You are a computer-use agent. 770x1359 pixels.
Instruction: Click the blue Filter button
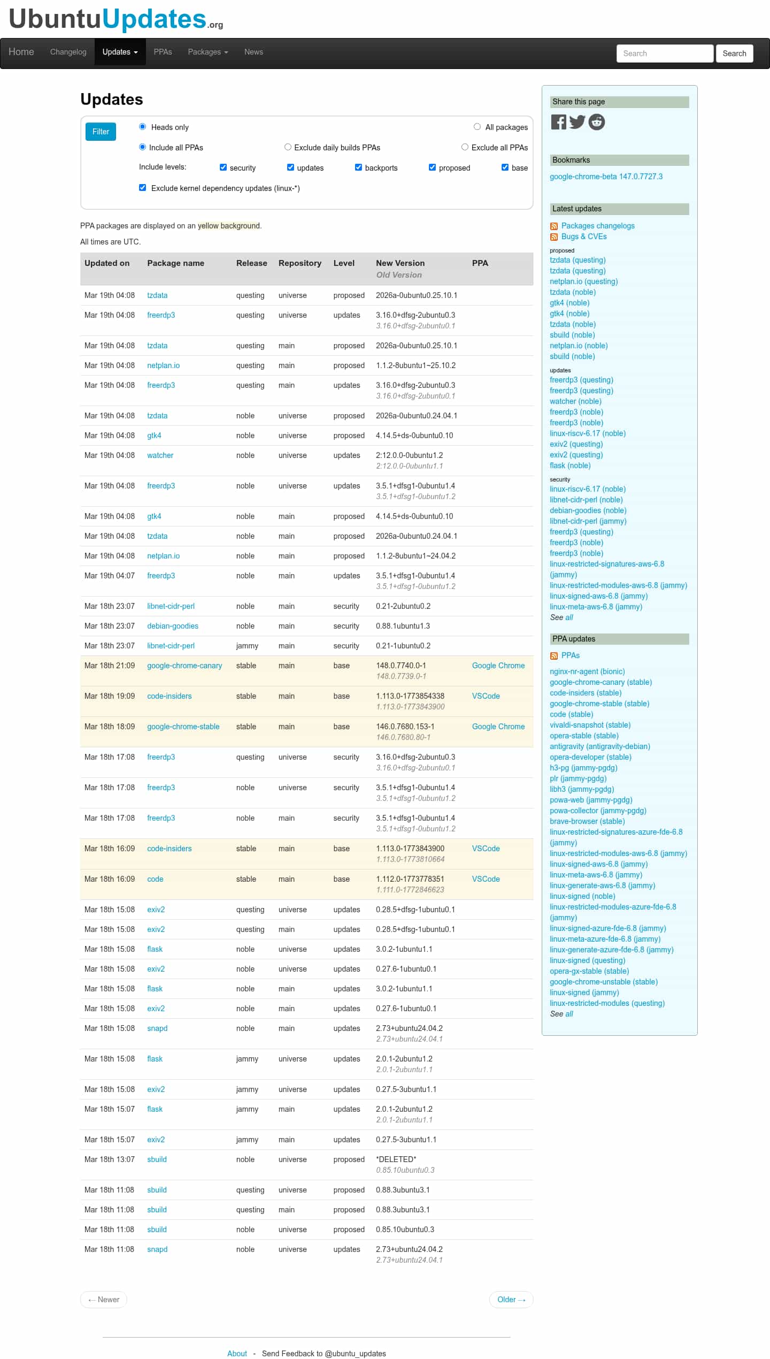[101, 132]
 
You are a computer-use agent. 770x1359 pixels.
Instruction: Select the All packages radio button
[477, 127]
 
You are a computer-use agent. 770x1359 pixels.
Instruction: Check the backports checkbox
[358, 167]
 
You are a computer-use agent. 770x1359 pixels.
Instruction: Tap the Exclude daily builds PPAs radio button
[288, 147]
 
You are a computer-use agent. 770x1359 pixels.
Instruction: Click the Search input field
[665, 54]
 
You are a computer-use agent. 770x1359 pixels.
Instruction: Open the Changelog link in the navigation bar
[68, 52]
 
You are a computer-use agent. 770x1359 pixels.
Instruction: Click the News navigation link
[253, 52]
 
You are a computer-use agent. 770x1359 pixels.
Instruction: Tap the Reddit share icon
[596, 123]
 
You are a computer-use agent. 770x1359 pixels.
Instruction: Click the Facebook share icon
[558, 123]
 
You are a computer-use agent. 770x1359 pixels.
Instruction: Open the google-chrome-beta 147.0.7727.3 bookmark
[606, 177]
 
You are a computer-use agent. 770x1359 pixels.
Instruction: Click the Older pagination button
[511, 1300]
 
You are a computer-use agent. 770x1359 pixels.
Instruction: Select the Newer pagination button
[104, 1300]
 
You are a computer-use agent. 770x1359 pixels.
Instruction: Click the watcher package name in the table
[160, 455]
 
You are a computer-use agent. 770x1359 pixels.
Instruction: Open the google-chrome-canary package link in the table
[184, 666]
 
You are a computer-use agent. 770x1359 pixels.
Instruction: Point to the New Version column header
[400, 263]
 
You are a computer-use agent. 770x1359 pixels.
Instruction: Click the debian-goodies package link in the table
[173, 626]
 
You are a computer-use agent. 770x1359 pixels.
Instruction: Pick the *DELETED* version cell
[396, 1159]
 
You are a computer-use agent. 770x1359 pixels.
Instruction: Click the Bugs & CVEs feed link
[583, 236]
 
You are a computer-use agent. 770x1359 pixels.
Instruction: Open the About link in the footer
[237, 1354]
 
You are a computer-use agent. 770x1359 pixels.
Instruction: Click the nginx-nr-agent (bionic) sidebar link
[587, 671]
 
